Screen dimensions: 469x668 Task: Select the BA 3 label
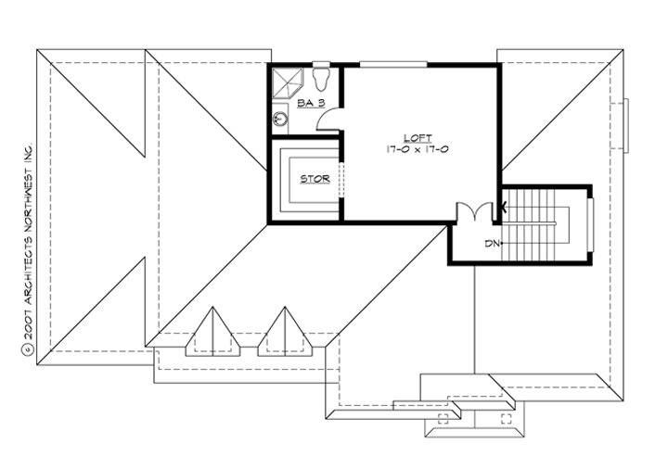(310, 104)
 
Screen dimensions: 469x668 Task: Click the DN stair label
(493, 244)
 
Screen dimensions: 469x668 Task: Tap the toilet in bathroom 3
(322, 74)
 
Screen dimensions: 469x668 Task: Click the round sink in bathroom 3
(279, 119)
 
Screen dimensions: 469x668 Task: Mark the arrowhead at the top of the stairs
(505, 206)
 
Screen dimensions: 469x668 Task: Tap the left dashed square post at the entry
(441, 417)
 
